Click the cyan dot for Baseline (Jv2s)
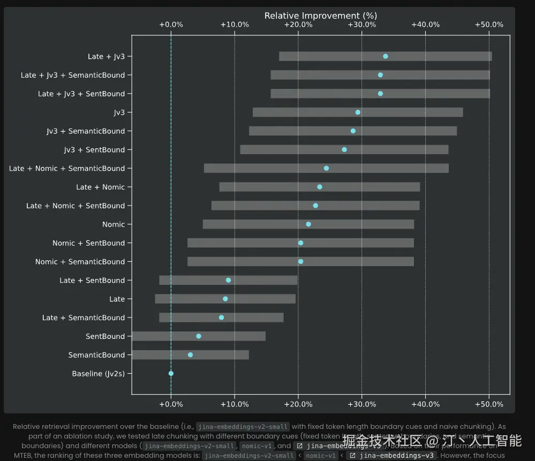click(x=171, y=374)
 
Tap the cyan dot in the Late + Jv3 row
click(x=386, y=56)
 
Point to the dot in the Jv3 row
click(x=358, y=112)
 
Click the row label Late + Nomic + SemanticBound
click(x=67, y=169)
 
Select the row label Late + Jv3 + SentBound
click(x=81, y=94)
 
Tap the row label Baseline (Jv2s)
click(x=99, y=374)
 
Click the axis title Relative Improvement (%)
click(x=321, y=16)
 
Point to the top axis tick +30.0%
click(x=362, y=25)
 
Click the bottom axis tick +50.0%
click(x=489, y=403)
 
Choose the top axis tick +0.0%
click(x=171, y=25)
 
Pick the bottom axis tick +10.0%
click(x=235, y=403)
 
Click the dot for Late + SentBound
click(x=229, y=280)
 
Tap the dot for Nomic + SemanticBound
click(x=300, y=262)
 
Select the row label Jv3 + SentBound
click(x=94, y=150)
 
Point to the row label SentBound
click(x=105, y=336)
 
